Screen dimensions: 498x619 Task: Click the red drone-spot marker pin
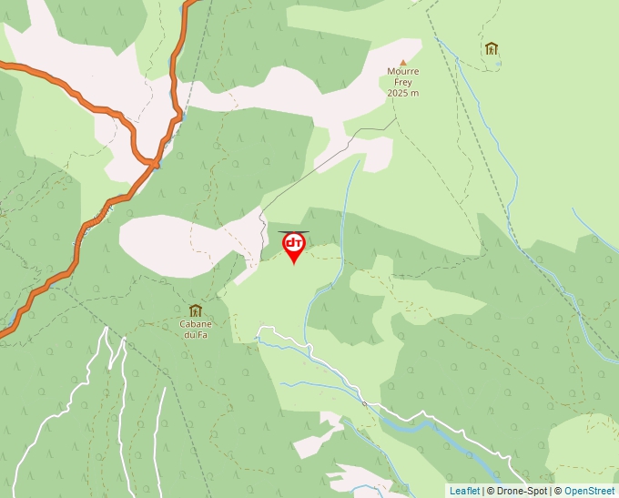(294, 246)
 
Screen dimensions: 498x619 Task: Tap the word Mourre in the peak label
(402, 71)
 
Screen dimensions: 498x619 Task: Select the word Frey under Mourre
(402, 82)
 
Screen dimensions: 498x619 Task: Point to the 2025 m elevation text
(402, 93)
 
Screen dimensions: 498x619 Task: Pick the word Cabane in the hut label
(195, 324)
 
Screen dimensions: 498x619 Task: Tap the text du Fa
(195, 335)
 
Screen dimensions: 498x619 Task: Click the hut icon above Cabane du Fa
(195, 310)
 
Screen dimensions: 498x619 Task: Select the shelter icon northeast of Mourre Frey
(492, 48)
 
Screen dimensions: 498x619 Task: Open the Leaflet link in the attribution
(464, 492)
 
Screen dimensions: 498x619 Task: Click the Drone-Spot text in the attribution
(521, 492)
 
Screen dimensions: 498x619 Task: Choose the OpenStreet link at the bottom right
(589, 492)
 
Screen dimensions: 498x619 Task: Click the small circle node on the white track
(363, 402)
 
